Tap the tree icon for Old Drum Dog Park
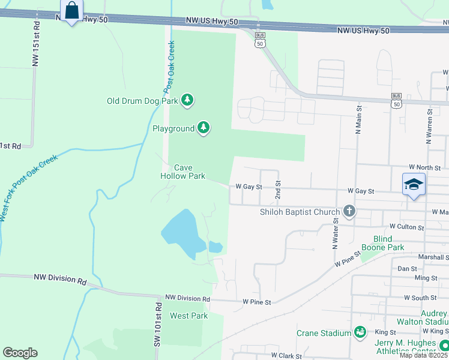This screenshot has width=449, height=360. click(x=188, y=100)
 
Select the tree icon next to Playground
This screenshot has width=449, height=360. click(x=204, y=128)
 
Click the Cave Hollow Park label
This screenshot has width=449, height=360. click(x=182, y=172)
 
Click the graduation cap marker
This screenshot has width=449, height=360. click(x=414, y=184)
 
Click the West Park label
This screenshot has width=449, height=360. click(x=188, y=316)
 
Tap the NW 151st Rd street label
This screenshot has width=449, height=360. click(x=37, y=44)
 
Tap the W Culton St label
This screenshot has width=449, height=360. click(x=406, y=227)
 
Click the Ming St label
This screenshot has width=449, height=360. click(x=426, y=278)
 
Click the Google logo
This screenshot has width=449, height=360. click(x=20, y=353)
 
